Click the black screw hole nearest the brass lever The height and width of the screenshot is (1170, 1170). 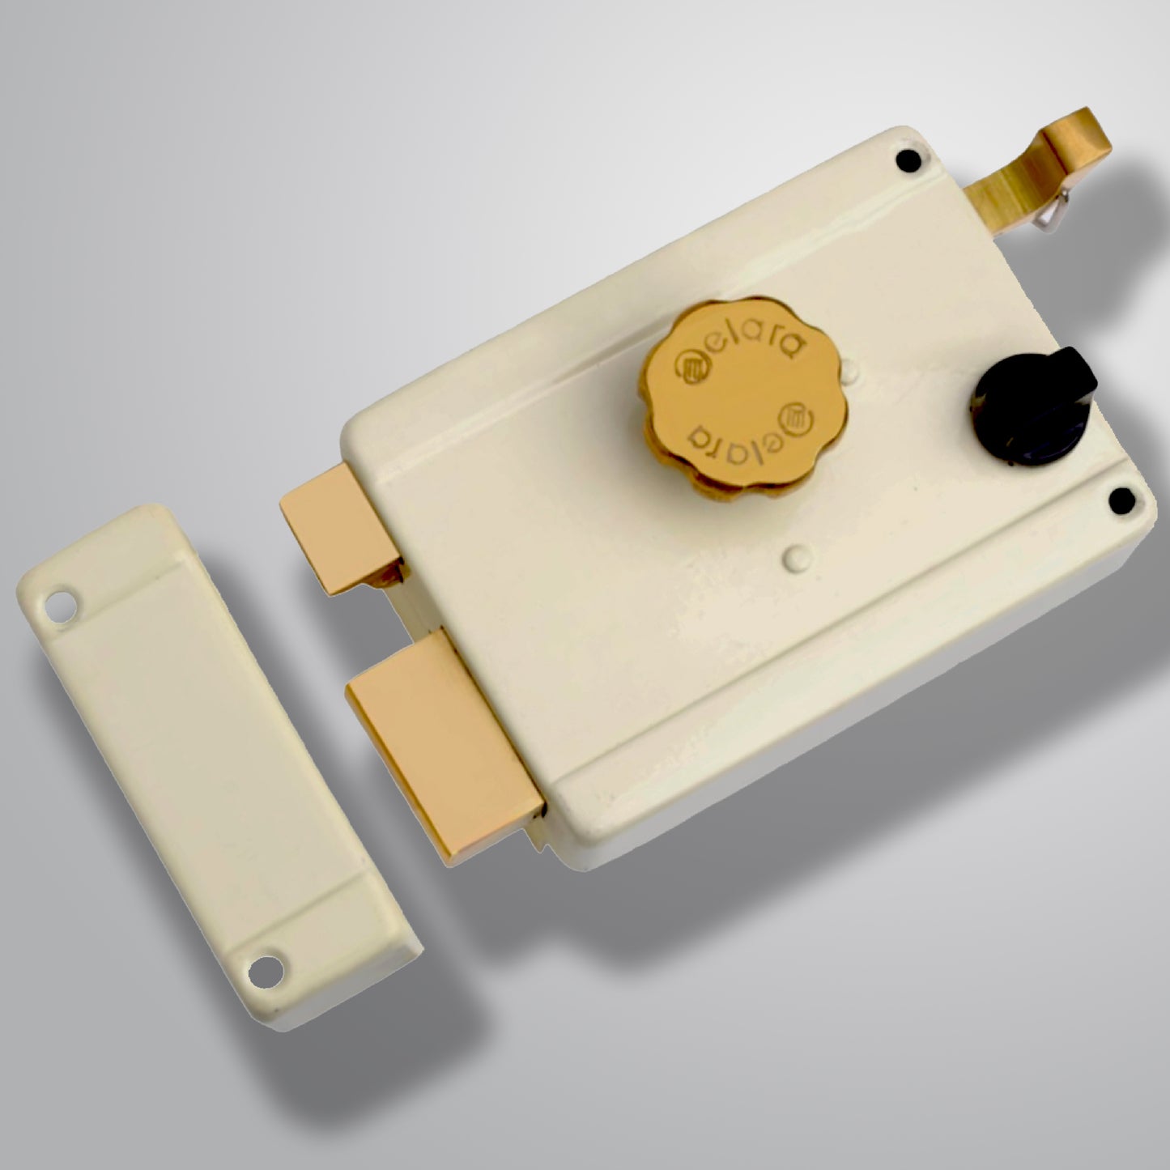click(x=909, y=162)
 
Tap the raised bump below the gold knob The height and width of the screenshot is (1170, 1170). click(x=795, y=555)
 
